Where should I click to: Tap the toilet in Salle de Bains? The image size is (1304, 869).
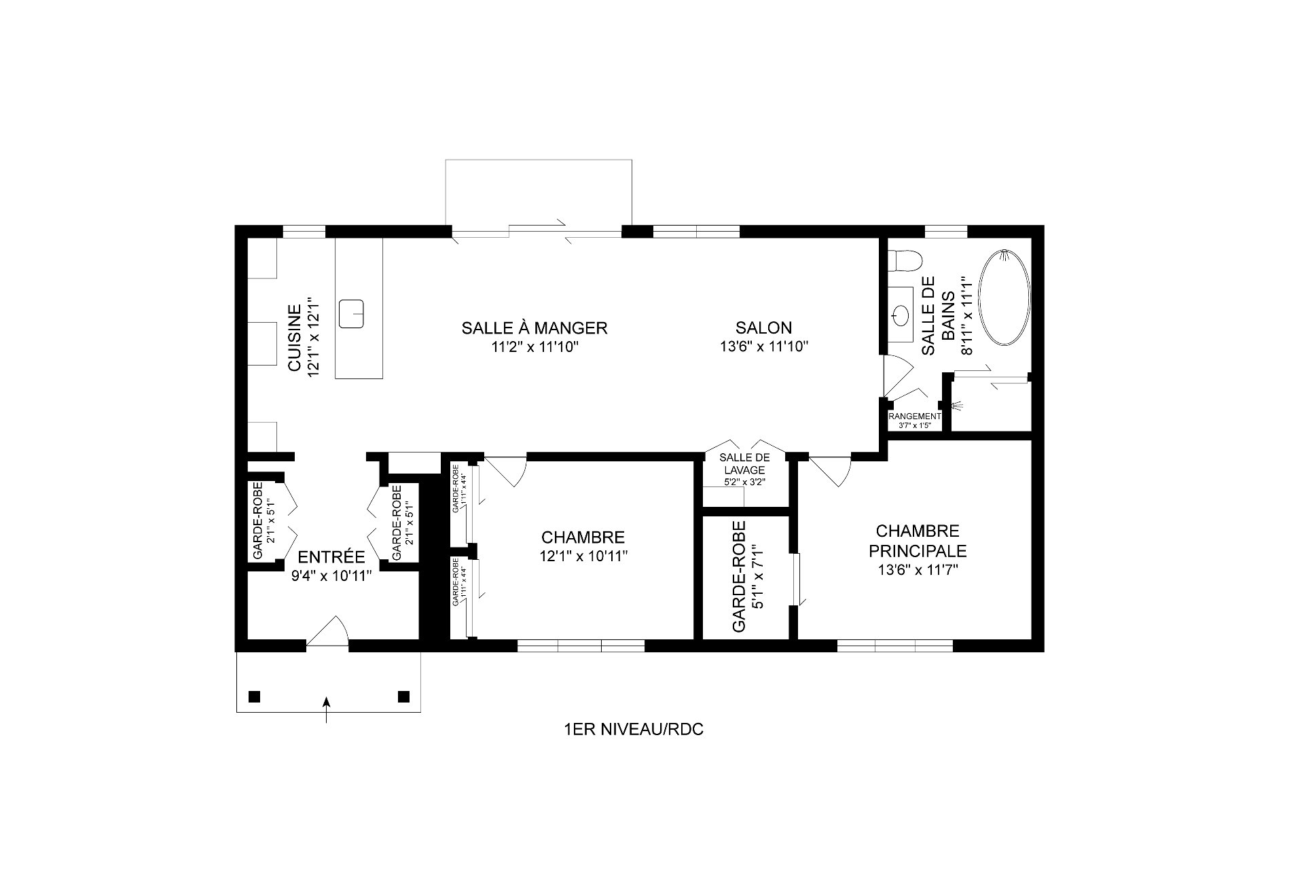[x=907, y=260]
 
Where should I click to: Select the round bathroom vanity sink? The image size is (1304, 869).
[x=901, y=315]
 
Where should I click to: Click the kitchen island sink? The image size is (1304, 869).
[x=352, y=313]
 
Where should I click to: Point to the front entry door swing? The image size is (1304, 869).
[x=329, y=632]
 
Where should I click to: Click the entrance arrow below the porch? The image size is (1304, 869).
[x=327, y=709]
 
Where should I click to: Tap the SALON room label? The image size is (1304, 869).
[x=763, y=328]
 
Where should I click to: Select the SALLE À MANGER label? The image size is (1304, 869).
[x=534, y=328]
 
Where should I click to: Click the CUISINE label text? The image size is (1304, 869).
[x=295, y=338]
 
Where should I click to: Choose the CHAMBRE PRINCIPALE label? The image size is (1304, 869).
[x=917, y=540]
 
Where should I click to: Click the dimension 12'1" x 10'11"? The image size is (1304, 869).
[x=583, y=556]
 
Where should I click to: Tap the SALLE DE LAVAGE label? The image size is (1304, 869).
[x=744, y=463]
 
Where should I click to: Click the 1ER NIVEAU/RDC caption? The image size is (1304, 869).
[x=634, y=730]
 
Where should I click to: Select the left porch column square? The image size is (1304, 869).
[x=254, y=696]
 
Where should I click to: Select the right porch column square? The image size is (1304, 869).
[x=403, y=696]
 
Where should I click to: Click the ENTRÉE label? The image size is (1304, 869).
[x=331, y=557]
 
